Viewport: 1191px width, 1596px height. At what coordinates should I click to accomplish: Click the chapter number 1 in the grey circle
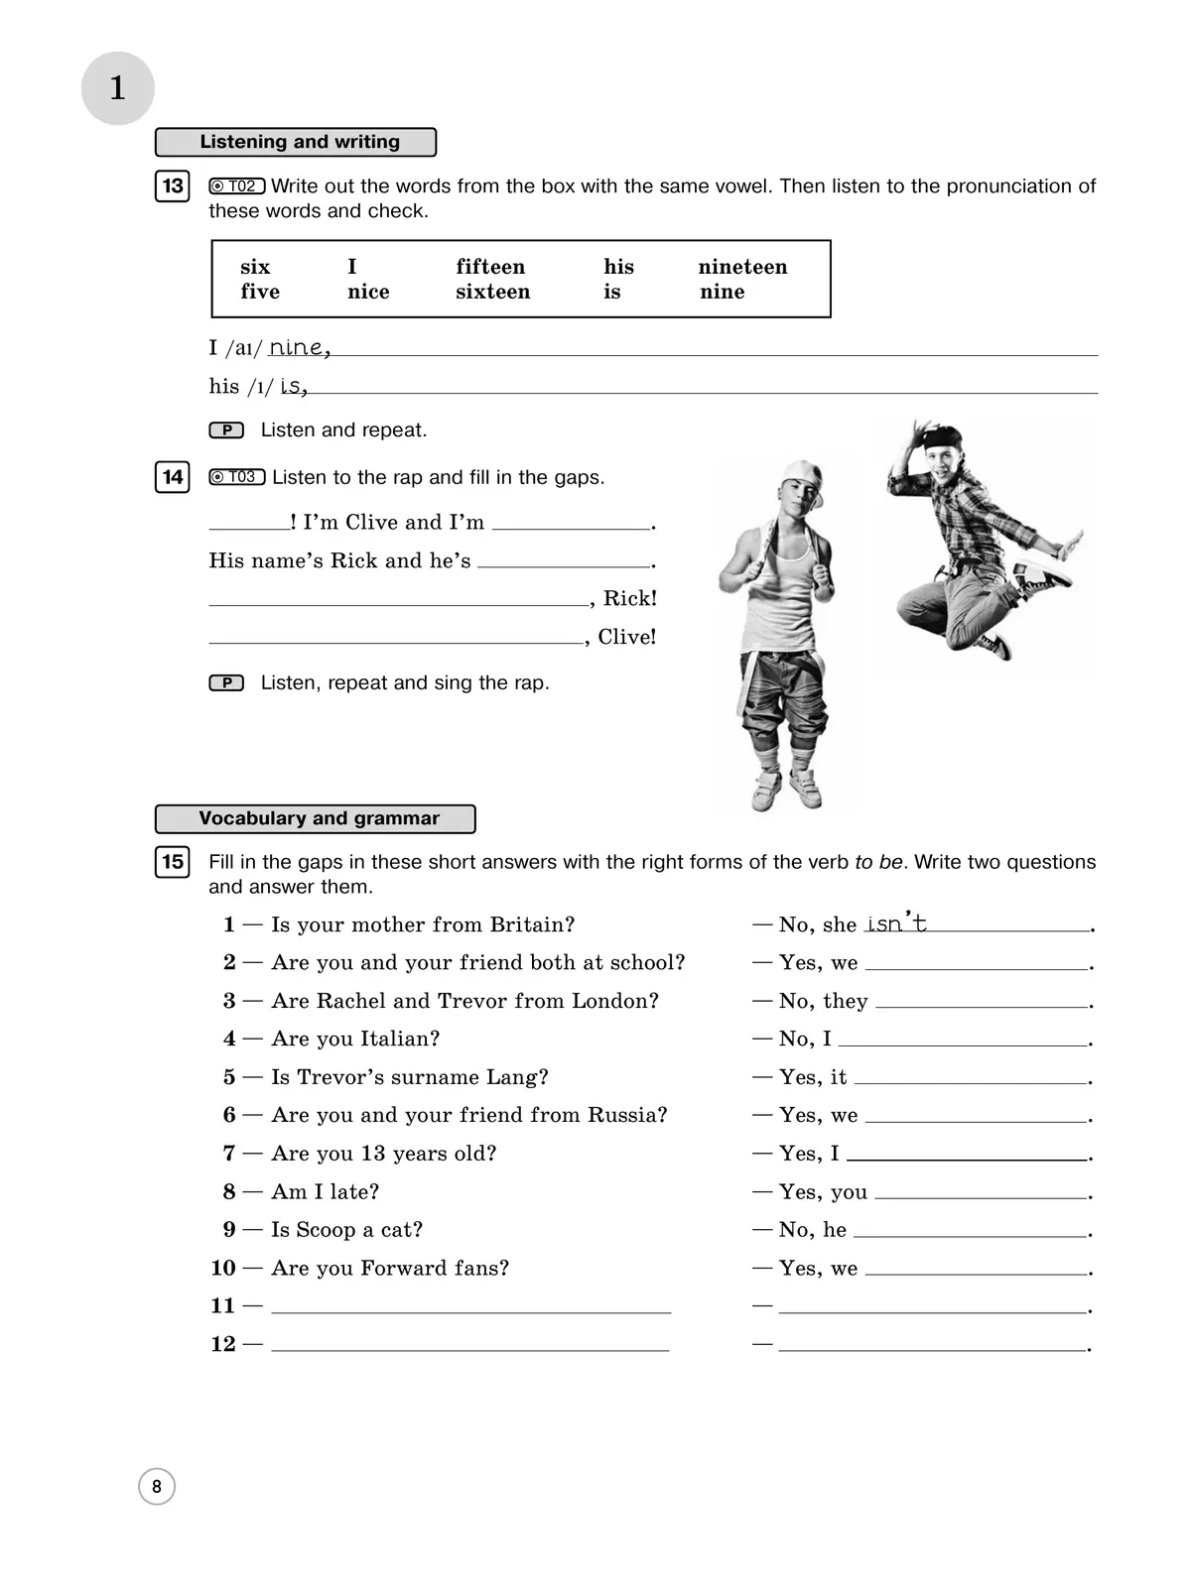[x=117, y=88]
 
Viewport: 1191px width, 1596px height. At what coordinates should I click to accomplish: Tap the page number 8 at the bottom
[x=157, y=1486]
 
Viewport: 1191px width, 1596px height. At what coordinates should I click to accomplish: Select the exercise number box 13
[x=173, y=186]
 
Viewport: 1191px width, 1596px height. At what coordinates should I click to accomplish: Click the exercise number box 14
[x=173, y=477]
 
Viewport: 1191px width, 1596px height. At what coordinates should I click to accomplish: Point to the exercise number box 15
[x=173, y=861]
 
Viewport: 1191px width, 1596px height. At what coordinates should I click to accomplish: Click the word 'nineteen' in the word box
[x=742, y=267]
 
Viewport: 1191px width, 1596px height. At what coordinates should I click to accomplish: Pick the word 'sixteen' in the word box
[x=492, y=292]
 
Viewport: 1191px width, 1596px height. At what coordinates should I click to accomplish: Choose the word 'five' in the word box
[x=260, y=292]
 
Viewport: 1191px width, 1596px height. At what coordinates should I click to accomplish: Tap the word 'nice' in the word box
[x=368, y=292]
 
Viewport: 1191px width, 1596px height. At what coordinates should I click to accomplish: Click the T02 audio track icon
[x=236, y=185]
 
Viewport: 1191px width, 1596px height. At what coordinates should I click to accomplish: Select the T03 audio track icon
[x=236, y=477]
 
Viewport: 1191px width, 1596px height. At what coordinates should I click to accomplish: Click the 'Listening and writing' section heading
[x=296, y=142]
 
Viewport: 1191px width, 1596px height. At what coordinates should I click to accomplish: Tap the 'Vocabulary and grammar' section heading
[x=316, y=818]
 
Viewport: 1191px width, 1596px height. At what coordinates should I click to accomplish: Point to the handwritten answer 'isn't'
[x=895, y=923]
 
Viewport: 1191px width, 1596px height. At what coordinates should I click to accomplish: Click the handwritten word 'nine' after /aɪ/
[x=298, y=347]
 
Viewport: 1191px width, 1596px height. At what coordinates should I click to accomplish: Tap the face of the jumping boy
[x=939, y=462]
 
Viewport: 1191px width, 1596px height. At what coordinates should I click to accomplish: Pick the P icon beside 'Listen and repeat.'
[x=226, y=430]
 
